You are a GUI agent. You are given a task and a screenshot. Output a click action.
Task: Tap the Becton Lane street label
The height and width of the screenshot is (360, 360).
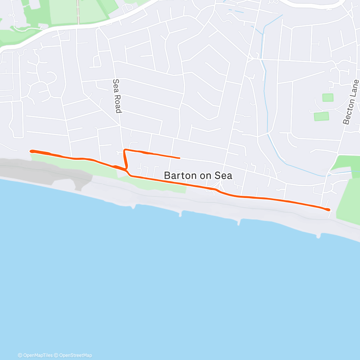351,102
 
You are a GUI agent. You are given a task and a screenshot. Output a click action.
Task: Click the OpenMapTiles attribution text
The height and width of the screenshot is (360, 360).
35,355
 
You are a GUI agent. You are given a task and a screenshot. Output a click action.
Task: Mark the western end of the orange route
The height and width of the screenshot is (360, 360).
31,151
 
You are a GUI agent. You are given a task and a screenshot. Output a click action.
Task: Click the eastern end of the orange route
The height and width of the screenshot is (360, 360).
328,210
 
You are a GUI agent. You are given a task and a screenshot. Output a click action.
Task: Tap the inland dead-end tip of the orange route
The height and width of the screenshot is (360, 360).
179,158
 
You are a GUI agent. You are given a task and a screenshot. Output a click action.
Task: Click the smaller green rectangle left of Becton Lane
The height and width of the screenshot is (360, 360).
328,98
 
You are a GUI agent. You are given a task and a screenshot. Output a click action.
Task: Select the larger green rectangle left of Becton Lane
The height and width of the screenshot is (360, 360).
321,116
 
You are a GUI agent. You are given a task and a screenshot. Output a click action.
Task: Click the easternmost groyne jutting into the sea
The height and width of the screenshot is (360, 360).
319,236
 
